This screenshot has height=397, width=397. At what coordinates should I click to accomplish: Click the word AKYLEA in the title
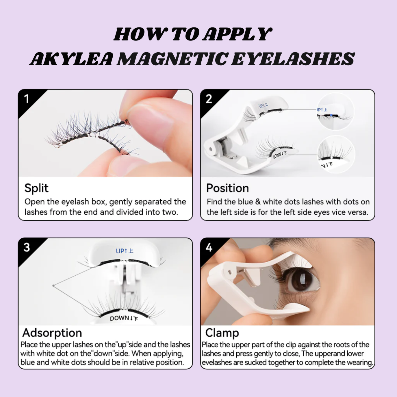click(x=72, y=59)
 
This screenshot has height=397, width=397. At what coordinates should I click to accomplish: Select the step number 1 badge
click(x=27, y=99)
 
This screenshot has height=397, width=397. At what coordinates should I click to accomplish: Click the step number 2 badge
click(x=209, y=99)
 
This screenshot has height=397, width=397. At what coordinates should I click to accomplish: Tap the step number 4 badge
click(x=209, y=247)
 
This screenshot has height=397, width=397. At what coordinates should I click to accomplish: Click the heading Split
click(x=36, y=188)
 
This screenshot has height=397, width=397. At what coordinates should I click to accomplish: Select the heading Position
click(x=227, y=188)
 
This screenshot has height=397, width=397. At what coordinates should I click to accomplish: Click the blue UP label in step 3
click(x=125, y=251)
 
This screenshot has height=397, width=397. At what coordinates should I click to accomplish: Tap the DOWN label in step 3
click(x=124, y=318)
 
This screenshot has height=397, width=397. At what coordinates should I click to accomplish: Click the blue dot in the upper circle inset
click(x=331, y=115)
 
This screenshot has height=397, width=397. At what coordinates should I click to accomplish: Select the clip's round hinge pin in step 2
click(x=210, y=149)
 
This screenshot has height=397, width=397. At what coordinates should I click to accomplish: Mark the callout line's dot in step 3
click(x=53, y=285)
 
